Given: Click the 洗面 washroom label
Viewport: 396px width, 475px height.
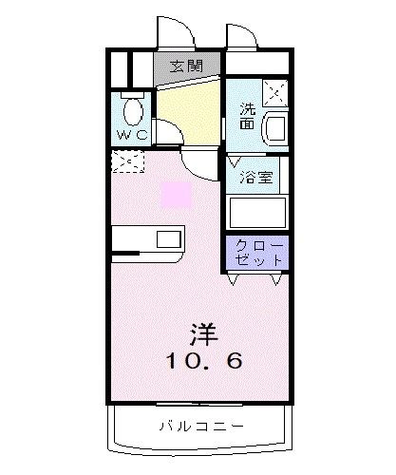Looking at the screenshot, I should click(246, 116).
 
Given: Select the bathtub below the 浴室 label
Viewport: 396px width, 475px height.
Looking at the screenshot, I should click(257, 211).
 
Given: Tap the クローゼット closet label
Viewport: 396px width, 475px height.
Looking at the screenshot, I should click(258, 251).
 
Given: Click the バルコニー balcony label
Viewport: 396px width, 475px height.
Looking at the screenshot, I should click(200, 427).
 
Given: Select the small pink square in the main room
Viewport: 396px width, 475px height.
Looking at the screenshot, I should click(176, 196).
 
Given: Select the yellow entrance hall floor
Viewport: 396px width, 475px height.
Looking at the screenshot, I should click(190, 109).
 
